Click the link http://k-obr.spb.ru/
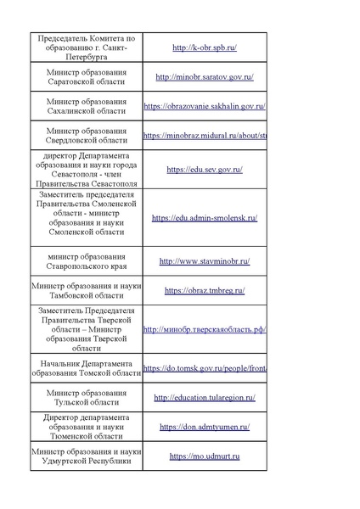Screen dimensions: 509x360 tap(204, 48)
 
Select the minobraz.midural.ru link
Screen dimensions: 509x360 tap(205, 135)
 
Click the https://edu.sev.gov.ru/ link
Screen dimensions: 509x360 tap(205, 170)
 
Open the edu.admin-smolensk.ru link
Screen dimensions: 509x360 tap(205, 218)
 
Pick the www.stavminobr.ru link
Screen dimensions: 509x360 tap(205, 261)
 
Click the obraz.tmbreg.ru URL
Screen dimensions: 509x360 tap(205, 290)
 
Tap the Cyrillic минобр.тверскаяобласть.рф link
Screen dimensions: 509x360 tap(205, 330)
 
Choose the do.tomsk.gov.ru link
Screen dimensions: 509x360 tap(205, 368)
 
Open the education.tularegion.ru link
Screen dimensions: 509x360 tap(205, 397)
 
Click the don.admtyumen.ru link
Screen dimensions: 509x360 tap(205, 427)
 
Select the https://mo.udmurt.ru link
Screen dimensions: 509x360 tap(205, 456)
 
